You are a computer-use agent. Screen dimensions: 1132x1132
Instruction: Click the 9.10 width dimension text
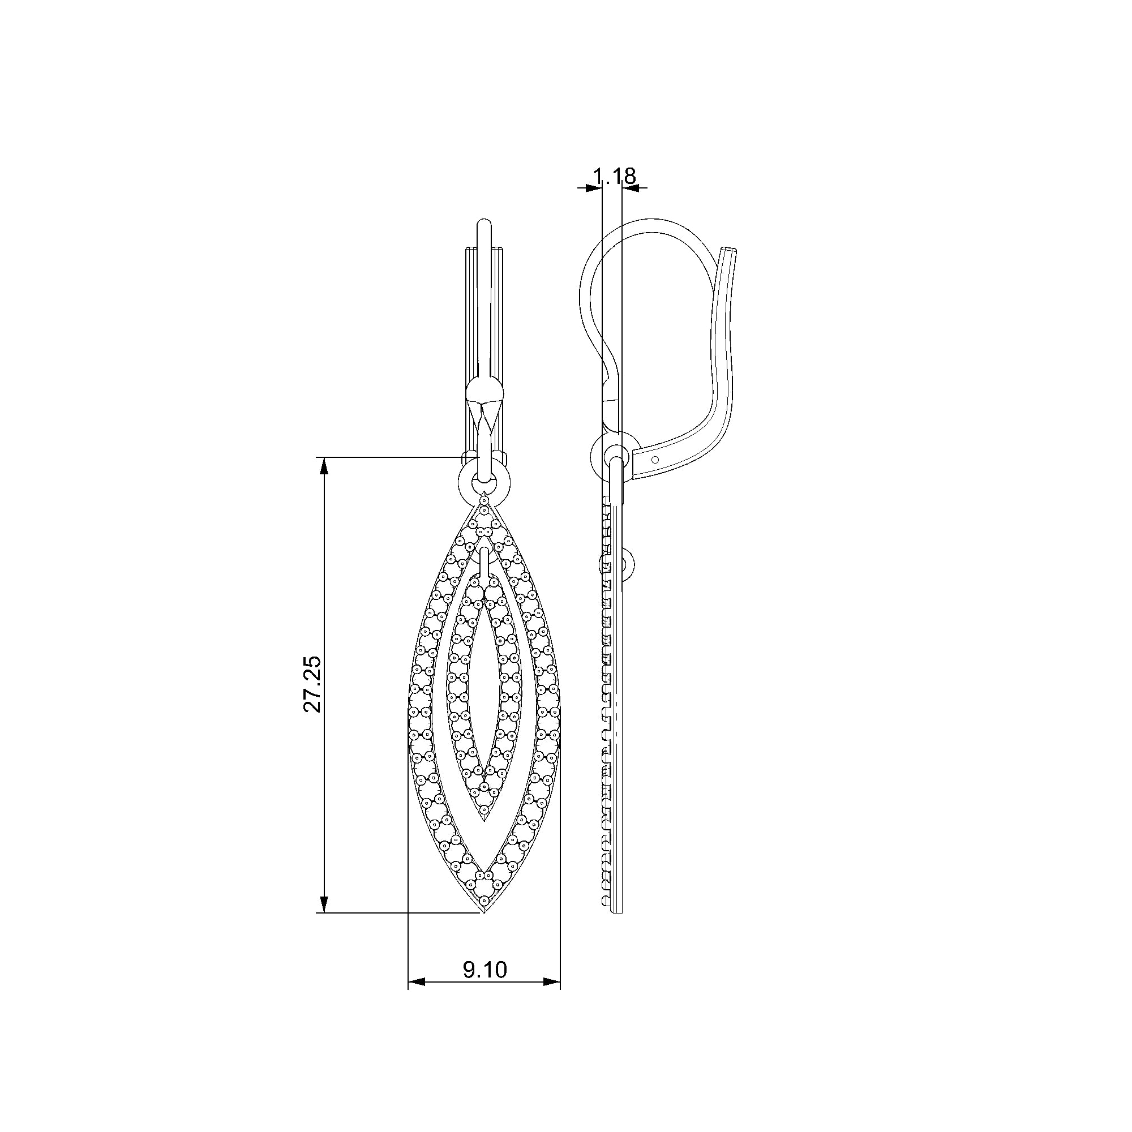click(484, 970)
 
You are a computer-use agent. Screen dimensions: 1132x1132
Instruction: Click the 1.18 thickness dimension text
click(614, 176)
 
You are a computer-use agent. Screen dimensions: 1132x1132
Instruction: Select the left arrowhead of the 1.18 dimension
click(594, 187)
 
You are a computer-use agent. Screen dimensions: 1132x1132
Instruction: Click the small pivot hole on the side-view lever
click(655, 459)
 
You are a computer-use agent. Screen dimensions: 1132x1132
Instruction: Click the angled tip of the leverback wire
click(730, 251)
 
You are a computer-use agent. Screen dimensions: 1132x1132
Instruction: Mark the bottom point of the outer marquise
click(484, 927)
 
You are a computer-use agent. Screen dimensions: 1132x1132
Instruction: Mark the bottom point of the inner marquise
click(484, 819)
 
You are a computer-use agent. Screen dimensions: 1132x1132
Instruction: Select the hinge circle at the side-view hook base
click(613, 453)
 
